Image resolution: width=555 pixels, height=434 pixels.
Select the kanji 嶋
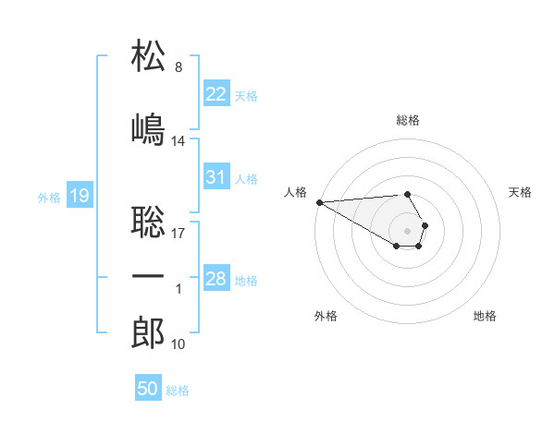point(149,128)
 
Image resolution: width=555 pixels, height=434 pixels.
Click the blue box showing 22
point(216,93)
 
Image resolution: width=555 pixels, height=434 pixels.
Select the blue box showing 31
point(216,177)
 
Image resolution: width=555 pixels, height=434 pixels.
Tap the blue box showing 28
point(216,279)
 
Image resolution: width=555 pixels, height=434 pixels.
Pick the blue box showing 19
point(80,195)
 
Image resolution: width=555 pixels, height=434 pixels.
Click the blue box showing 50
point(148,389)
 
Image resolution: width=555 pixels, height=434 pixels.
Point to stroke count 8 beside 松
point(178,67)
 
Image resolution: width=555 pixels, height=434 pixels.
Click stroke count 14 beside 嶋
point(179,141)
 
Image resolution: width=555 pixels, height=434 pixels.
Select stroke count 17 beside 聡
point(179,233)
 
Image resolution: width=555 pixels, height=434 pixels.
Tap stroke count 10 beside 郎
point(179,344)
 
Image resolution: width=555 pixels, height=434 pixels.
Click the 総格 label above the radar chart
point(408,120)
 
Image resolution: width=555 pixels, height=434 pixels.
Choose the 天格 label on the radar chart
point(520,192)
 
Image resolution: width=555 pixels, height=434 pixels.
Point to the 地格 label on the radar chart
point(485,316)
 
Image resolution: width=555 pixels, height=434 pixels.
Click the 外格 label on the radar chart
point(326,316)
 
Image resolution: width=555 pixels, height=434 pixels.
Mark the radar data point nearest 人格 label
point(318,202)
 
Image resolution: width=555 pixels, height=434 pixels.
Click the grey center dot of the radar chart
point(408,229)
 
